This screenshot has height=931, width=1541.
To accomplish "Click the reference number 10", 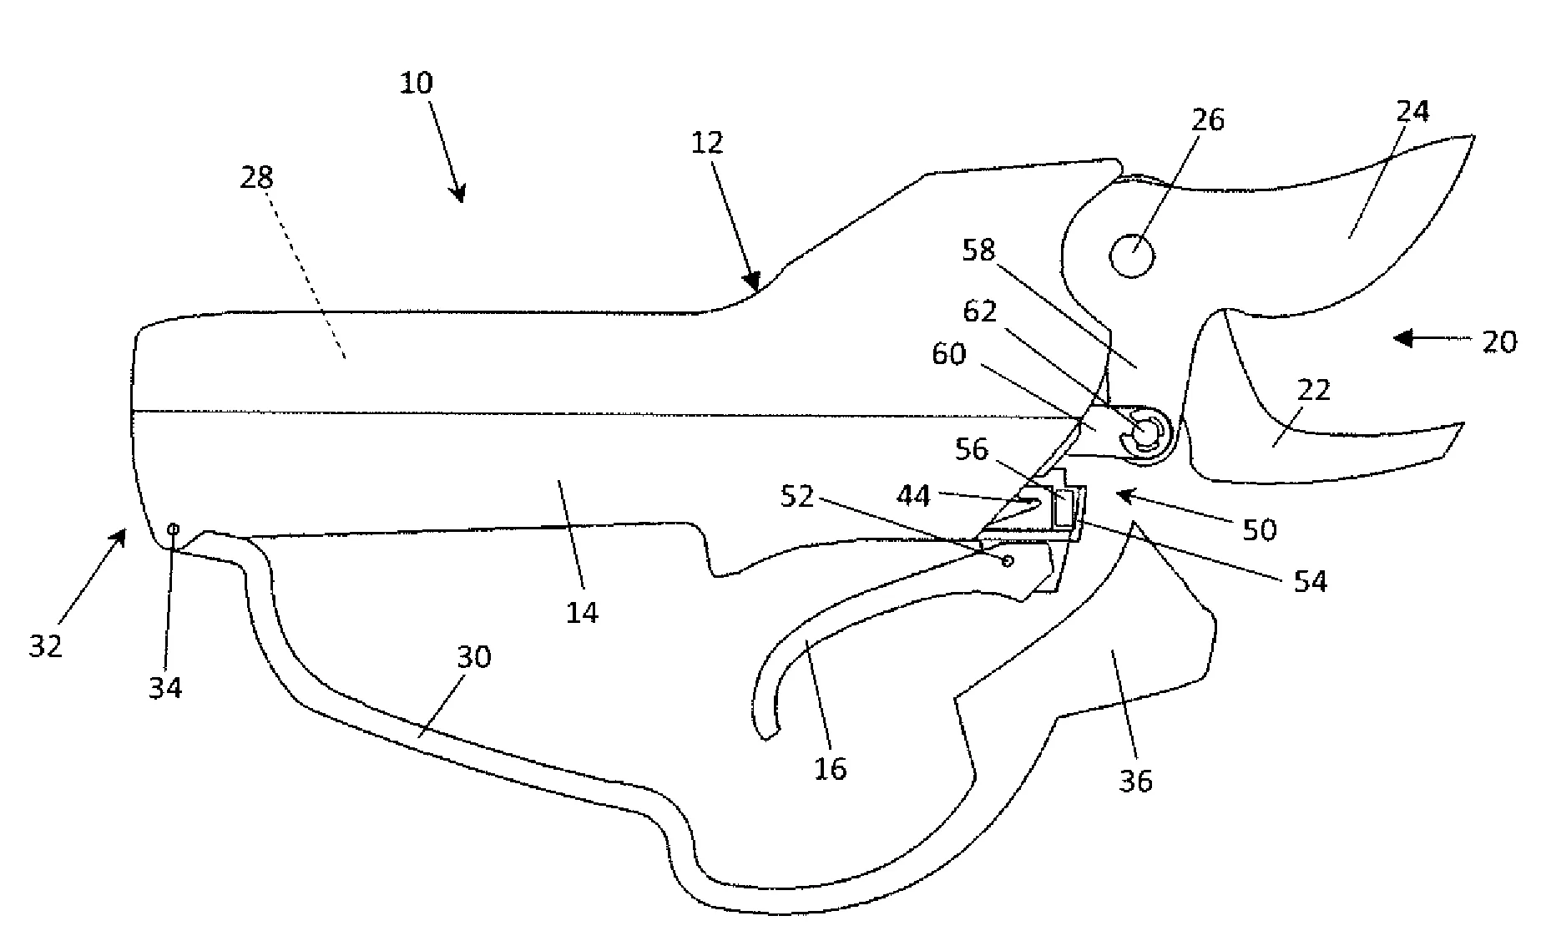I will pyautogui.click(x=417, y=83).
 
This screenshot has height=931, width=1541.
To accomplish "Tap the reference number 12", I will pyautogui.click(x=707, y=143).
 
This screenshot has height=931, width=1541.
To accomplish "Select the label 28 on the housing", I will pyautogui.click(x=256, y=177).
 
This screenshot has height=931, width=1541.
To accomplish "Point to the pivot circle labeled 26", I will pyautogui.click(x=1132, y=256).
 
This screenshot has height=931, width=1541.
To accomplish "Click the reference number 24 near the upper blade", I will pyautogui.click(x=1412, y=112).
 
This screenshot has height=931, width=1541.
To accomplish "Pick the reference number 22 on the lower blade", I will pyautogui.click(x=1313, y=390).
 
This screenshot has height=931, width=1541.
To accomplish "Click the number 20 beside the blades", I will pyautogui.click(x=1499, y=342).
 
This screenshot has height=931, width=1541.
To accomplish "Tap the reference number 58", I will pyautogui.click(x=978, y=250).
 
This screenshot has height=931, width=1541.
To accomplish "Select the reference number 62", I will pyautogui.click(x=980, y=311).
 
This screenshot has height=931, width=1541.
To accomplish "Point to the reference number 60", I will pyautogui.click(x=948, y=354).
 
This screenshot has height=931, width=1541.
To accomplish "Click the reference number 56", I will pyautogui.click(x=972, y=450).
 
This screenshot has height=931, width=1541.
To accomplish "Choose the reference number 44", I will pyautogui.click(x=912, y=497).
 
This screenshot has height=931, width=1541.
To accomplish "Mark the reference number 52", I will pyautogui.click(x=796, y=497).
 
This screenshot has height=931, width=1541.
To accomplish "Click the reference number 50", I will pyautogui.click(x=1259, y=529).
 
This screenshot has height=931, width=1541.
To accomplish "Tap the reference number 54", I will pyautogui.click(x=1309, y=581).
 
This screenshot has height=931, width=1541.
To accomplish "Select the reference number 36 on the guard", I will pyautogui.click(x=1135, y=781).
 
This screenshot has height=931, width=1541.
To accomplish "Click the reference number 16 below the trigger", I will pyautogui.click(x=830, y=768).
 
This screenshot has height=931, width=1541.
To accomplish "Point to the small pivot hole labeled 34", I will pyautogui.click(x=174, y=529).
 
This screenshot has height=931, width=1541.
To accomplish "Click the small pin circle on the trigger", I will pyautogui.click(x=1008, y=560).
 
